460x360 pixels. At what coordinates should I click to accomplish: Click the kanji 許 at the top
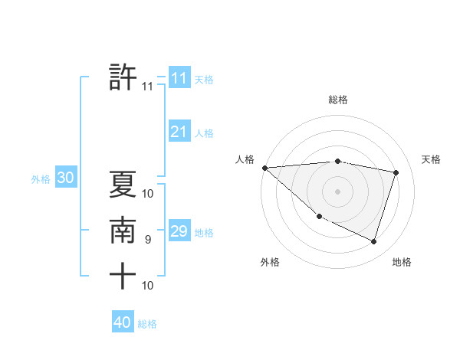tap(123, 77)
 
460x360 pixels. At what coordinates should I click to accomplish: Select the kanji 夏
tap(123, 185)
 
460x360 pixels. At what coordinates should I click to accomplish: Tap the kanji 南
tap(123, 231)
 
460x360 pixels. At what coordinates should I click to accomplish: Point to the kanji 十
tap(123, 276)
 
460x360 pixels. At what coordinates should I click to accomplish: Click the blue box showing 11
tap(179, 78)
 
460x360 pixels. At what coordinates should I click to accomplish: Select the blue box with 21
tap(179, 132)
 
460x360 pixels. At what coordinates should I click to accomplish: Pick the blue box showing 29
tap(179, 231)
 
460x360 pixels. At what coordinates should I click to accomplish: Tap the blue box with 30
tap(65, 178)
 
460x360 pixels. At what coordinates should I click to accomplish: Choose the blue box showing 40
tap(123, 322)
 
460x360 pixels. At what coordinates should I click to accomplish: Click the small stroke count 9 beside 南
tap(148, 240)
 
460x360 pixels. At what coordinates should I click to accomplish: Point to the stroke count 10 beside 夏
tap(148, 194)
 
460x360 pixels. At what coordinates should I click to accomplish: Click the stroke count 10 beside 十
tap(148, 286)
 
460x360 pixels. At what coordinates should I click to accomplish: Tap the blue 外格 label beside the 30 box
tap(41, 179)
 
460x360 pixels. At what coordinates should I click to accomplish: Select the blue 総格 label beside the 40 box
tap(147, 324)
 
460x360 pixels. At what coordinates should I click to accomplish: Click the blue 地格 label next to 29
tap(204, 233)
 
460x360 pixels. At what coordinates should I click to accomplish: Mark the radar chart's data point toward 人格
tap(264, 167)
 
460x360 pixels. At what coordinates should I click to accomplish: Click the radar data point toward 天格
tap(396, 172)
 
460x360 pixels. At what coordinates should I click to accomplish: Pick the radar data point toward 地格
tap(373, 241)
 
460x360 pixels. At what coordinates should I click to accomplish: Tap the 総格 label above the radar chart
tap(338, 100)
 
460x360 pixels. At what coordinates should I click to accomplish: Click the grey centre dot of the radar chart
tap(337, 191)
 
